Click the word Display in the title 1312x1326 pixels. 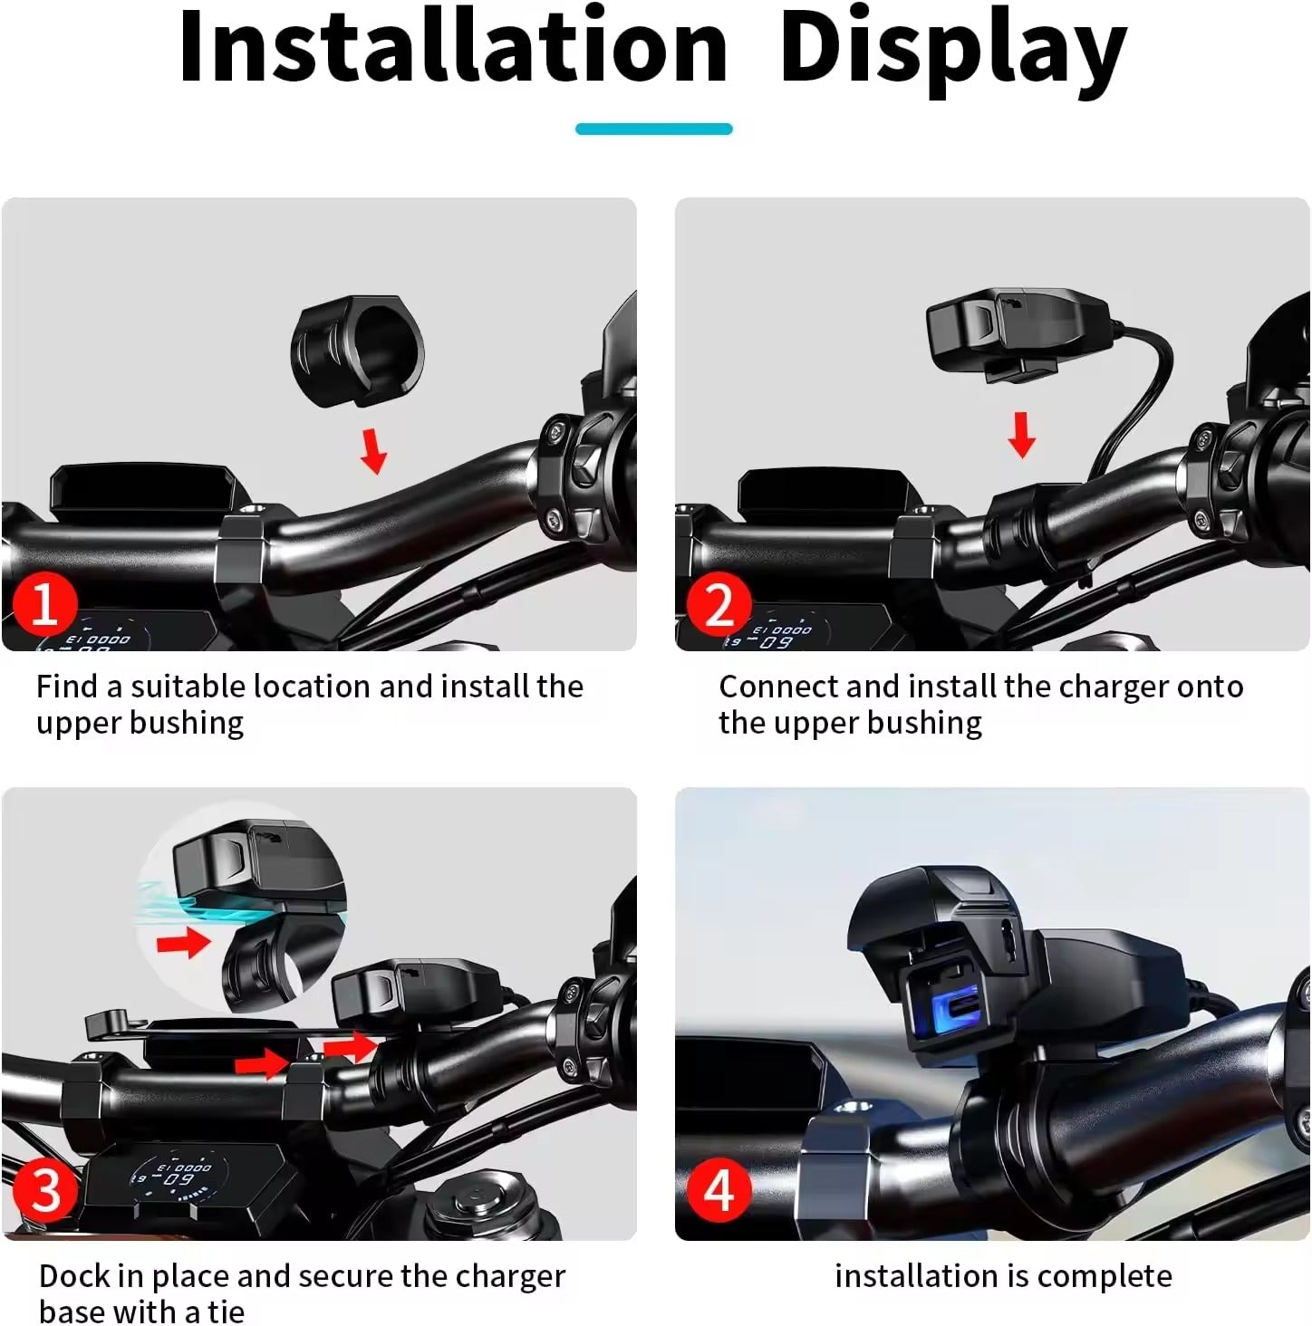coord(951,50)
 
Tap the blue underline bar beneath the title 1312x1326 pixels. coord(653,129)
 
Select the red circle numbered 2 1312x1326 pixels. coord(719,604)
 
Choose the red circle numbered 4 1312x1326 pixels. coord(719,1190)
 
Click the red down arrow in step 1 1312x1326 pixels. coord(372,451)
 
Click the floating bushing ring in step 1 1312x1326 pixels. coord(357,349)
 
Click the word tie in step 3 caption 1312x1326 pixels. coord(225,1312)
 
